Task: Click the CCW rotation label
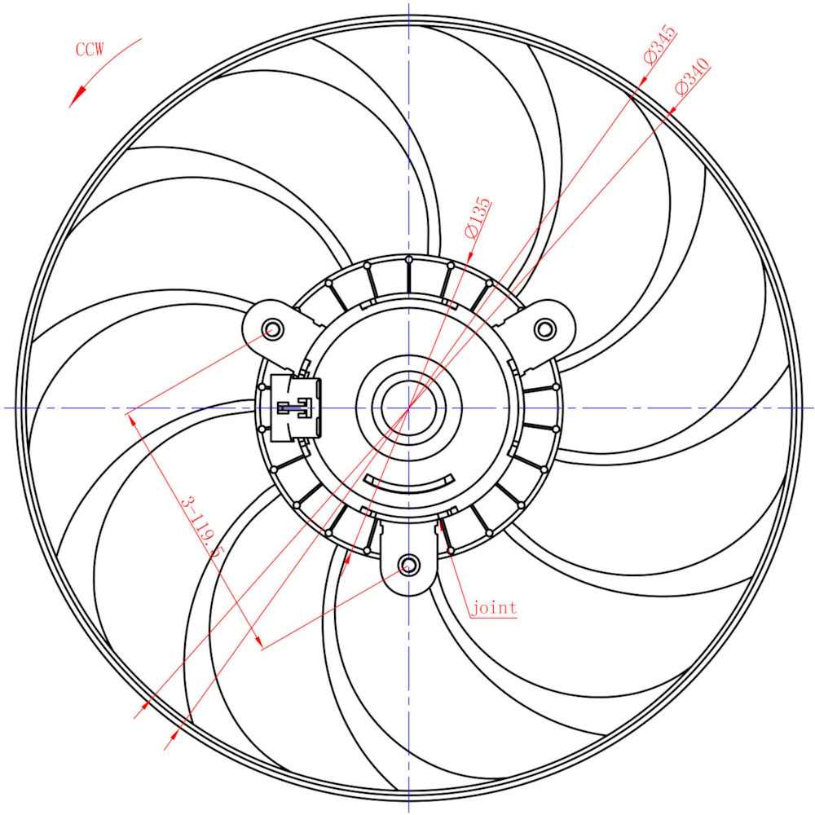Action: click(90, 50)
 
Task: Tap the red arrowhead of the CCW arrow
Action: click(77, 97)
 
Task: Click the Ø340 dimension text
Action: click(692, 77)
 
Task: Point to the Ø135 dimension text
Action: click(477, 218)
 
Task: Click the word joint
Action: click(494, 608)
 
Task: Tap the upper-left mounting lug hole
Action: click(273, 329)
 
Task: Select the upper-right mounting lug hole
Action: click(544, 329)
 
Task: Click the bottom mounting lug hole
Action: click(408, 565)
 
